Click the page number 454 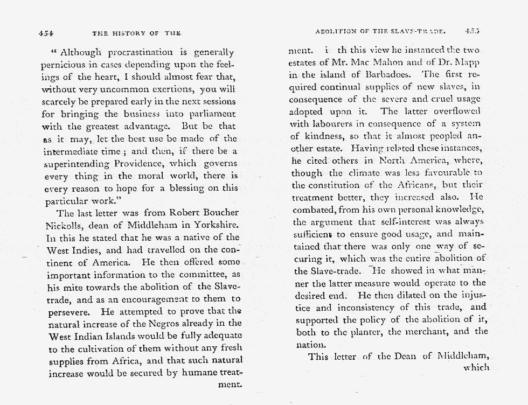pyautogui.click(x=46, y=33)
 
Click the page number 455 pyautogui.click(x=473, y=31)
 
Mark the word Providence pyautogui.click(x=139, y=164)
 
